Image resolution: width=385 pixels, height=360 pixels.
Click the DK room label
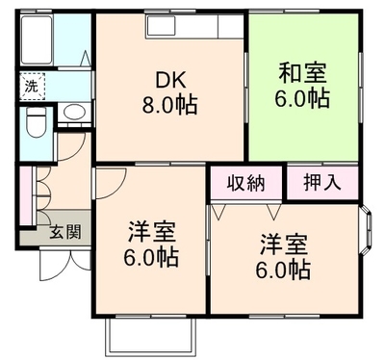[x=170, y=80]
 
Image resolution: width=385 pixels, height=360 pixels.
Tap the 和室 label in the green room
[x=302, y=73]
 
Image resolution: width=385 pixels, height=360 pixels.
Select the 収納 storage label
[x=246, y=184]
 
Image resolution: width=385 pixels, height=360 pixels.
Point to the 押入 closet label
[x=322, y=183]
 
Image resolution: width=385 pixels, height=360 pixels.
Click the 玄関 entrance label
[x=65, y=232]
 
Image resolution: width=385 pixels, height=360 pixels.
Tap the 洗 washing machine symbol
[x=32, y=86]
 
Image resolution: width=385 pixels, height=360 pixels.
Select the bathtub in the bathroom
[x=37, y=39]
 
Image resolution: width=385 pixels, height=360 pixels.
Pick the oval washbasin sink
[x=74, y=113]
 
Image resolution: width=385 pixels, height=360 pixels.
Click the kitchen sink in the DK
[x=161, y=25]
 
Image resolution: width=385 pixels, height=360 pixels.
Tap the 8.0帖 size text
[x=169, y=105]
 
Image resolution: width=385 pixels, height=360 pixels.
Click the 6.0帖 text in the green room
[x=302, y=98]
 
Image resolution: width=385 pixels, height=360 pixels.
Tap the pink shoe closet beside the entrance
[x=26, y=195]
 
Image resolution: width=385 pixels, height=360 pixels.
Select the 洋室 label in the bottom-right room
[x=284, y=245]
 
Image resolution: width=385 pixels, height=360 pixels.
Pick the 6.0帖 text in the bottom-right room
[x=283, y=270]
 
